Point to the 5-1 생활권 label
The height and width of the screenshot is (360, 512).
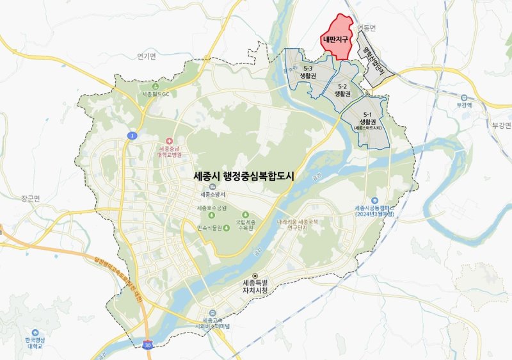(366, 119)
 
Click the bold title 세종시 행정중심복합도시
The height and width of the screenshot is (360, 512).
(243, 174)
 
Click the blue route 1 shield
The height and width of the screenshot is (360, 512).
(131, 135)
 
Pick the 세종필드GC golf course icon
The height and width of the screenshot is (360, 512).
(154, 86)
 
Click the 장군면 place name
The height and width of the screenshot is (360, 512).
(29, 199)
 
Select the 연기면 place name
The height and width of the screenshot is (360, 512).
(147, 56)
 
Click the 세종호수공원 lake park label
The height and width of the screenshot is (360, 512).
(212, 208)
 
